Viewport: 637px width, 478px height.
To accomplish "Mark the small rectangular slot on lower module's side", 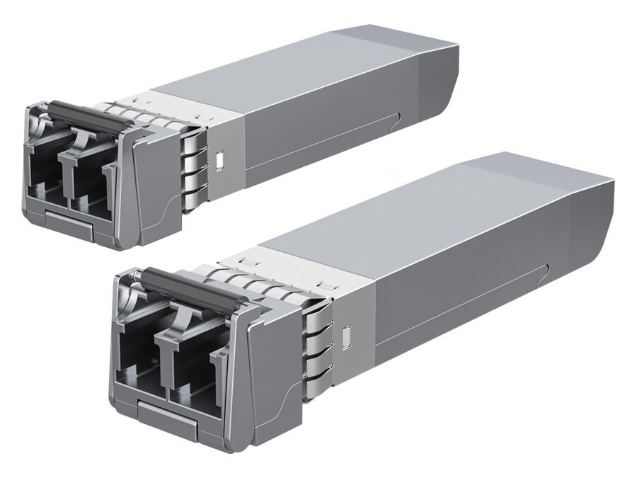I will click(346, 336).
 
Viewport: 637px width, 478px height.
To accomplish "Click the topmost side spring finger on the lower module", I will click(317, 314).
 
